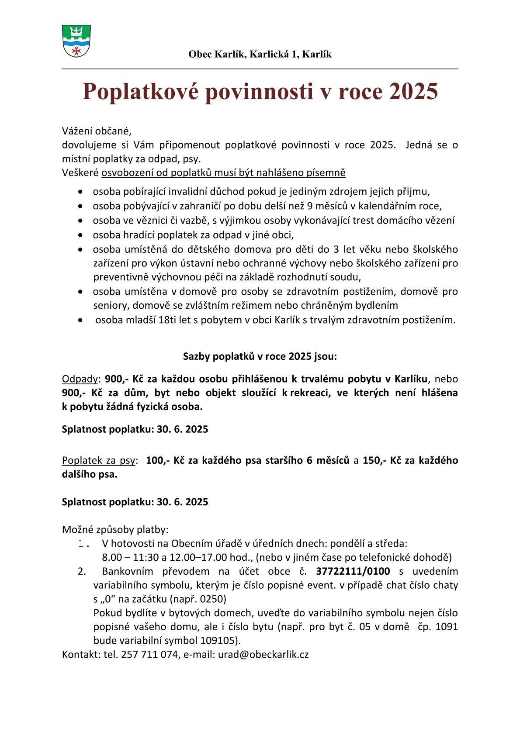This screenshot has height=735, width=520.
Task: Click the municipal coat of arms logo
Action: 76,41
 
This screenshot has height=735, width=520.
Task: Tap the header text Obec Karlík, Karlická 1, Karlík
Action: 260,54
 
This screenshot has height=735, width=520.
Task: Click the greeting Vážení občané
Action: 97,131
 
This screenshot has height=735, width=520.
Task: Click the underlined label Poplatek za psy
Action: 99,460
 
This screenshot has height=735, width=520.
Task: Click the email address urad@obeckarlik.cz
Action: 263,655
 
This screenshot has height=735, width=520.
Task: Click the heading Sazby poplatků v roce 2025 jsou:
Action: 260,356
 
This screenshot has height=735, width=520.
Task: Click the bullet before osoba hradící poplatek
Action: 80,235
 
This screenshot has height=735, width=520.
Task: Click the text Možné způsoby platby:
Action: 115,530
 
